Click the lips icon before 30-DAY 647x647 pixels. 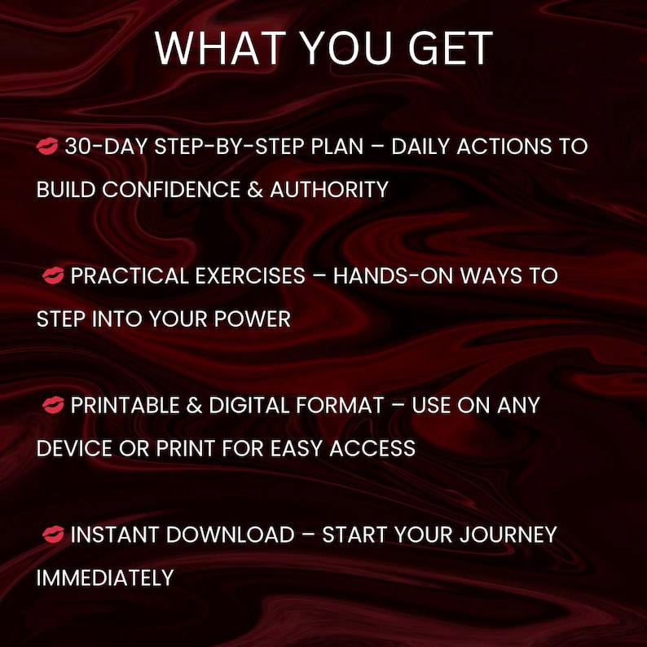[47, 147]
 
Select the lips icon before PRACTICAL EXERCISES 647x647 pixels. [54, 276]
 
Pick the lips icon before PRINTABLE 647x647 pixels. [54, 405]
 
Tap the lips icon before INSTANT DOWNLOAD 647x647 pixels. [54, 535]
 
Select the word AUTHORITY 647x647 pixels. [329, 190]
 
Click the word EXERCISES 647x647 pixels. [250, 275]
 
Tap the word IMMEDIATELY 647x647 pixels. [105, 578]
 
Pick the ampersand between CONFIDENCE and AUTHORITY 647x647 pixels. [253, 190]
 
